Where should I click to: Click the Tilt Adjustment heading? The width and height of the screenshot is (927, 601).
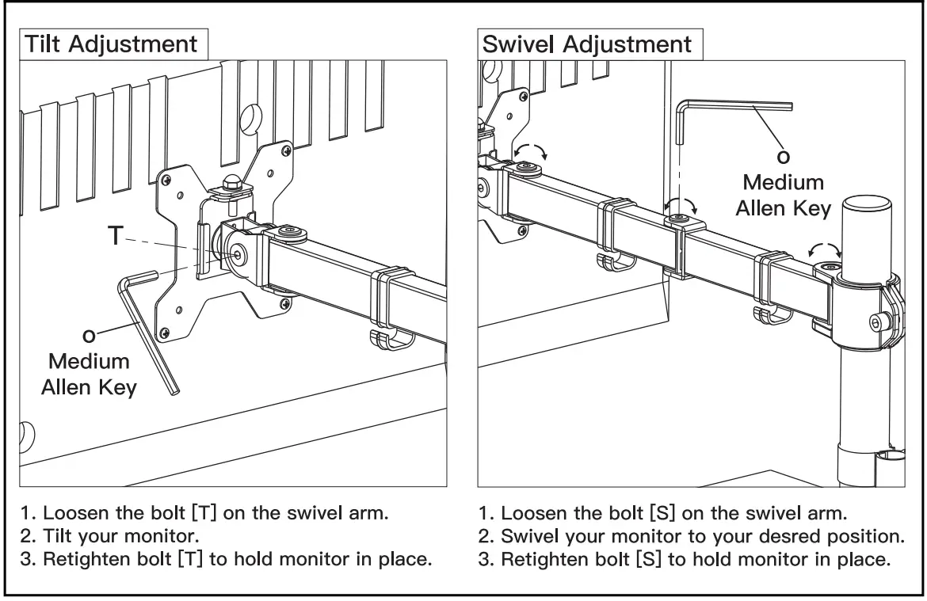111,44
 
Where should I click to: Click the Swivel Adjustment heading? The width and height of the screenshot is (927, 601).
587,44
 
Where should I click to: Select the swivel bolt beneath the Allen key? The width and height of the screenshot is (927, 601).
677,219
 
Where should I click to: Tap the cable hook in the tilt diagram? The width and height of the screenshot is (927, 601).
389,339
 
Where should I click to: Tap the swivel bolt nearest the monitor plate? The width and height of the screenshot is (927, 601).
528,167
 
